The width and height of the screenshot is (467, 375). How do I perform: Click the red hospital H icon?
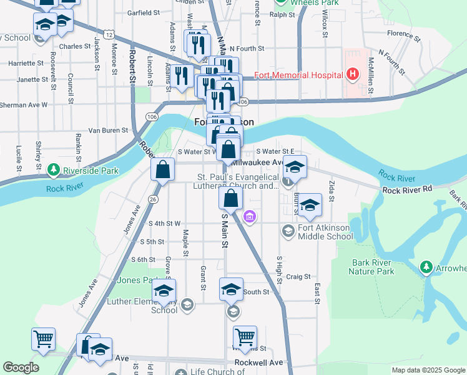pos(353,75)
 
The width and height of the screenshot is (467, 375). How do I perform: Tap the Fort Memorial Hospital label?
pos(298,75)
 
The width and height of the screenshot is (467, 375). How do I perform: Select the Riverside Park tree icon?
pos(54,170)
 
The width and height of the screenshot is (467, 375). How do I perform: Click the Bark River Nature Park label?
pos(373,267)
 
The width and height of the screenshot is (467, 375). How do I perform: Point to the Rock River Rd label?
pos(407,189)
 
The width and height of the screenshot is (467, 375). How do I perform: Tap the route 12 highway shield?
pos(109,35)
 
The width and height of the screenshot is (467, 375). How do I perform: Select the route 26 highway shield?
pos(152,199)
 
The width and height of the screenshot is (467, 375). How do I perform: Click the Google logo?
pos(21,367)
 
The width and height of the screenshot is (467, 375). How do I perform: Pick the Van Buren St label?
pos(107,131)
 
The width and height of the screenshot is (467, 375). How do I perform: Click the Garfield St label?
pos(144,12)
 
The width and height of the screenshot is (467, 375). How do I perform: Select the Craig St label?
pos(298,276)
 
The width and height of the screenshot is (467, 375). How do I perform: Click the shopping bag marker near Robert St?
pos(162,170)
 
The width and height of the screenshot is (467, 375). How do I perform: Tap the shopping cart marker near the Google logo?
pos(44,339)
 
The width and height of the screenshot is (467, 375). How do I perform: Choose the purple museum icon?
pos(249,217)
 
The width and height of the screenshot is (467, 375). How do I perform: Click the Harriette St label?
pos(26,63)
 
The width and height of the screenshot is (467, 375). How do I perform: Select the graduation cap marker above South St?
pos(231,289)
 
